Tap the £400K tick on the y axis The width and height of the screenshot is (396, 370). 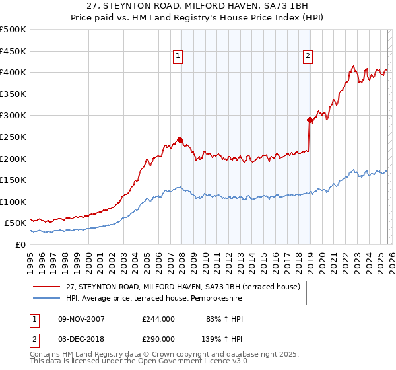(x=13, y=72)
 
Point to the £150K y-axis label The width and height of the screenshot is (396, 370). (x=13, y=180)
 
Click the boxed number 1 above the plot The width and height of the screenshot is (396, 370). (x=179, y=57)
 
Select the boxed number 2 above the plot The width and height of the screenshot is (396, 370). (x=308, y=57)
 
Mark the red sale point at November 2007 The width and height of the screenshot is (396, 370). (x=180, y=139)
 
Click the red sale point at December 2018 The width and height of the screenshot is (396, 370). (x=309, y=120)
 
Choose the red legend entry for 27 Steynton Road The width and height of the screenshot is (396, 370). (x=183, y=287)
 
